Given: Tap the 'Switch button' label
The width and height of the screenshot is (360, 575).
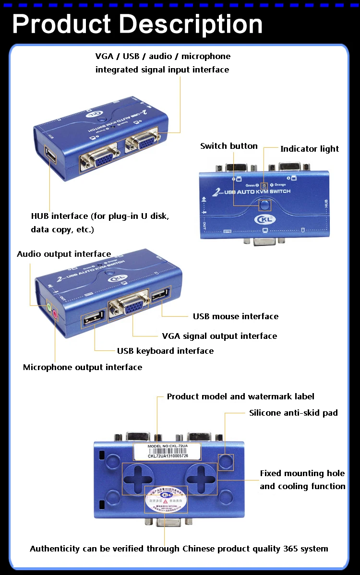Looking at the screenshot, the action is (228, 146).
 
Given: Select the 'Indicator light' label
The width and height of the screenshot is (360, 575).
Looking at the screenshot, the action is (310, 149).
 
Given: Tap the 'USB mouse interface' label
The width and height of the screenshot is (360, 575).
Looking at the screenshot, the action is (235, 316).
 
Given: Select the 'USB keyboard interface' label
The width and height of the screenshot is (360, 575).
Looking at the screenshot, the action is (165, 351).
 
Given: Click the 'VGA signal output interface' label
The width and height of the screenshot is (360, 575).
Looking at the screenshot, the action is (219, 336).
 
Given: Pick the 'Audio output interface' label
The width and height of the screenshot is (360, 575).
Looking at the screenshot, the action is (64, 254).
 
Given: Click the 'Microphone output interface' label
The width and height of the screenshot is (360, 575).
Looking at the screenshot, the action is (83, 367).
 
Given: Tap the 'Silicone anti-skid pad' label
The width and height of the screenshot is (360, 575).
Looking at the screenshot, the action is (293, 413).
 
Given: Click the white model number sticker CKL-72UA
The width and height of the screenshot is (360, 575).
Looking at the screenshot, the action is (168, 452).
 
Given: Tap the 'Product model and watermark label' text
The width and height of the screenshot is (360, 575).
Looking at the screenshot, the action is (240, 396).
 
